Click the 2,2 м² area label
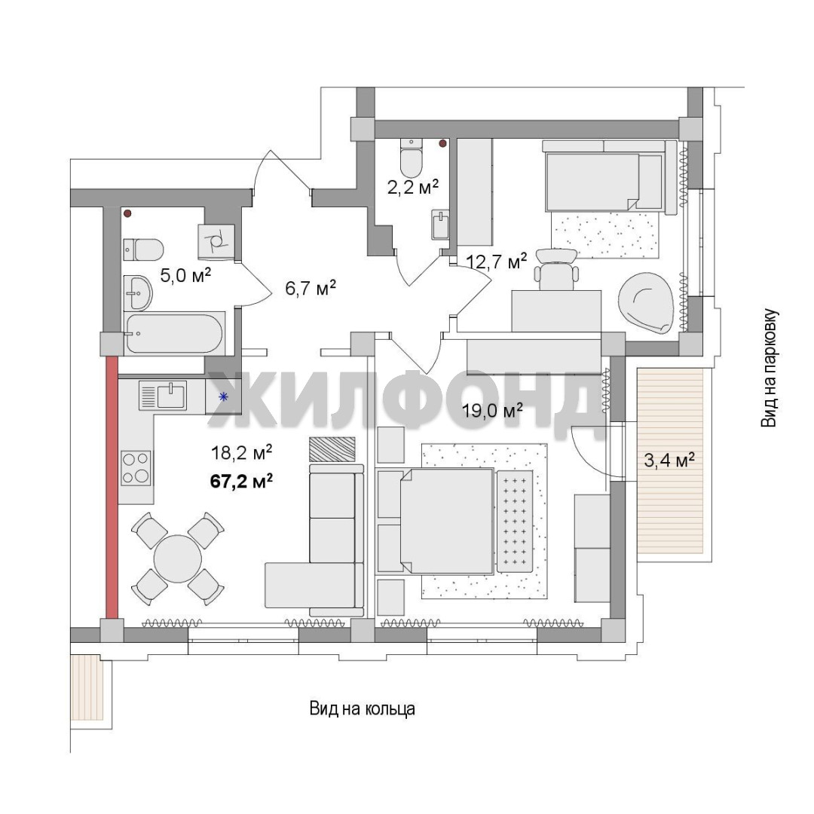click(413, 186)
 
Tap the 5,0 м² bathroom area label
click(185, 274)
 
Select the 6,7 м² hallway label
click(311, 287)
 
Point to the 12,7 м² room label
click(497, 261)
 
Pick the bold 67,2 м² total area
click(241, 481)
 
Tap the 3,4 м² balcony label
click(670, 460)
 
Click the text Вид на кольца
click(363, 708)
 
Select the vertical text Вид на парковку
click(770, 369)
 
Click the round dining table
click(178, 559)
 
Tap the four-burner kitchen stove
click(136, 468)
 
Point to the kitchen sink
click(163, 396)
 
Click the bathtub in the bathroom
click(176, 333)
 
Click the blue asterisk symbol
click(224, 397)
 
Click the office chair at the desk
click(558, 269)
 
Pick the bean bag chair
click(647, 303)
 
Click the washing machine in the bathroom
click(216, 242)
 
